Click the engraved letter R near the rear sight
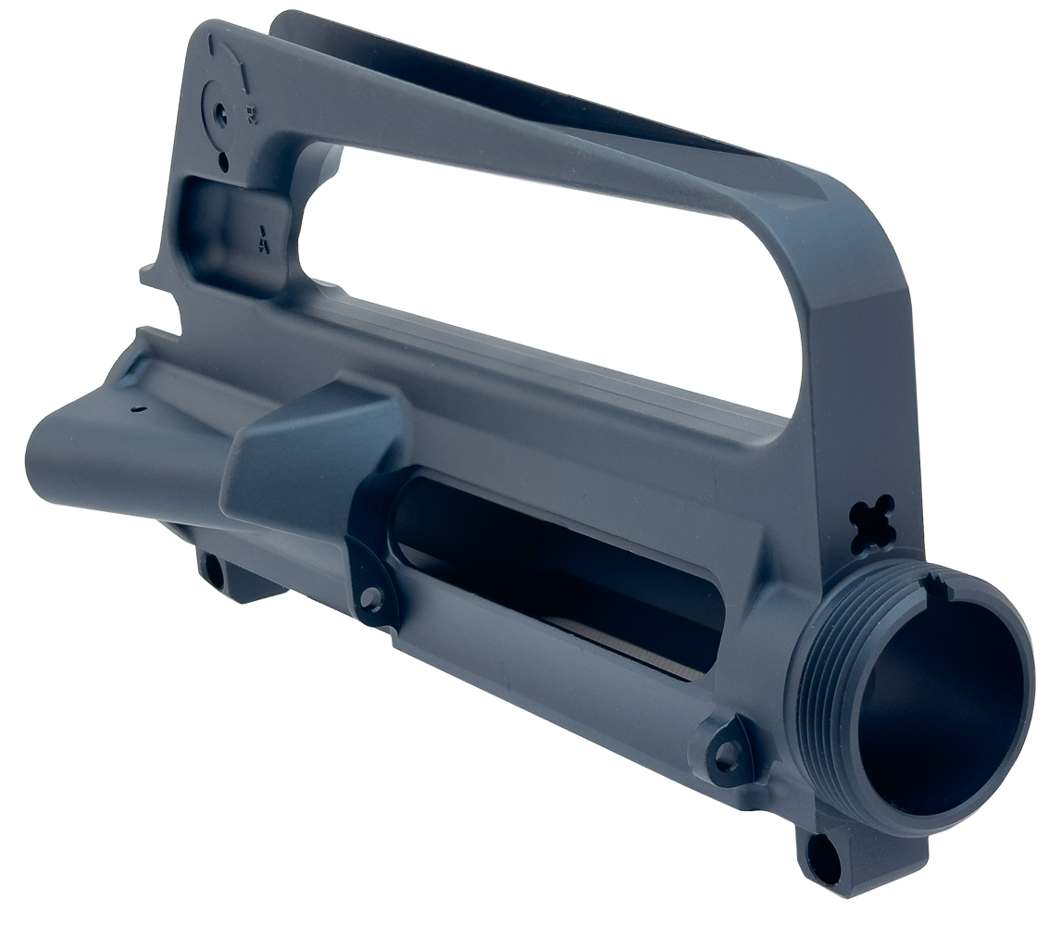pyautogui.click(x=252, y=115)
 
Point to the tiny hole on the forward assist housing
pyautogui.click(x=136, y=407)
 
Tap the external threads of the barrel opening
pyautogui.click(x=819, y=667)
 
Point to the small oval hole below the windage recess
pyautogui.click(x=223, y=164)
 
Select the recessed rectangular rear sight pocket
pyautogui.click(x=236, y=227)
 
